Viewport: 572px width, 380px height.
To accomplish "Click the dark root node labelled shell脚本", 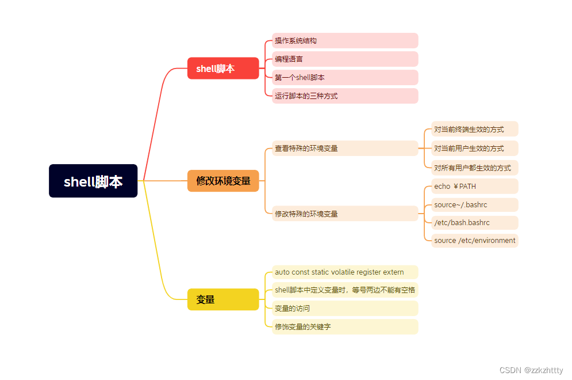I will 93,181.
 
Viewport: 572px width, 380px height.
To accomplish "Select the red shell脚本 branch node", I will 223,69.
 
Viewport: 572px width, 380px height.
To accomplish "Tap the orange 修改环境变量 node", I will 223,181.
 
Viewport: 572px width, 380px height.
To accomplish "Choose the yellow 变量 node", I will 223,299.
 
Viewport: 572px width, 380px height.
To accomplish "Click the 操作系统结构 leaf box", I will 345,41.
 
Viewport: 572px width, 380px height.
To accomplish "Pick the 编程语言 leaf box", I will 345,59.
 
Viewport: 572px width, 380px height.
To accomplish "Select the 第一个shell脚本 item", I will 345,78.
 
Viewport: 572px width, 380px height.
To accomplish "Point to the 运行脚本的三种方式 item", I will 345,96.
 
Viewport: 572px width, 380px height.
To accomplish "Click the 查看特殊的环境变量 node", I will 345,149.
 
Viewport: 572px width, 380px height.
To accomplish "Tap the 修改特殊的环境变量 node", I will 345,214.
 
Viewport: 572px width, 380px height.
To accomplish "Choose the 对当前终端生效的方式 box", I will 475,130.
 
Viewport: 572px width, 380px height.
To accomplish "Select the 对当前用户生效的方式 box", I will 475,149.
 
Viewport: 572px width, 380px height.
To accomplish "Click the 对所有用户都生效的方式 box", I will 475,168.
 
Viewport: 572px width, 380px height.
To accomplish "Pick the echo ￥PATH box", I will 475,187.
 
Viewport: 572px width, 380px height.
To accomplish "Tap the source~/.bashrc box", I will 475,205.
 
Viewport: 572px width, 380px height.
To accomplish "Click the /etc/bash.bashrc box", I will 475,223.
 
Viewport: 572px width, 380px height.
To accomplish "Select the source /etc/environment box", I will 475,241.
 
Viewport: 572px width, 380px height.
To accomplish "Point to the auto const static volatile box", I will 345,272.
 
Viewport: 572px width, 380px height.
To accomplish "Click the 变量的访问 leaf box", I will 345,309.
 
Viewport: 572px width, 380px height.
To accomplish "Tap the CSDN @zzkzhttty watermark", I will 531,370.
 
